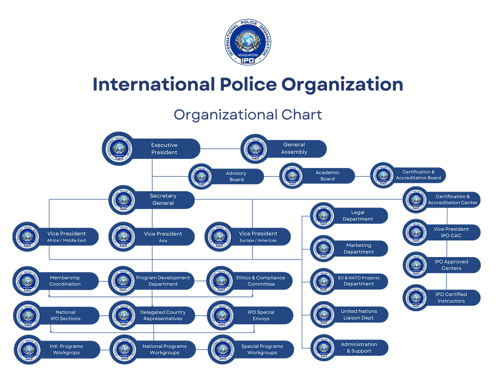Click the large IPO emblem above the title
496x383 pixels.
tap(248, 42)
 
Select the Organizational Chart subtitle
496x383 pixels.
tap(247, 114)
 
